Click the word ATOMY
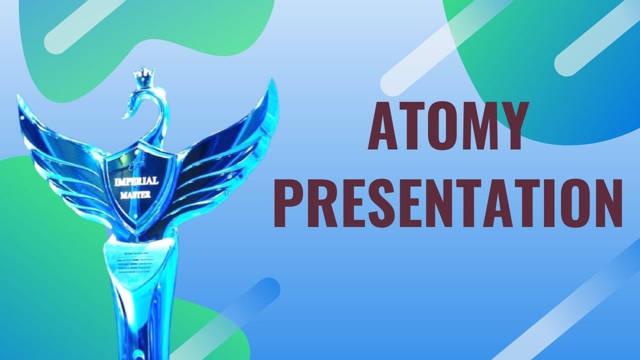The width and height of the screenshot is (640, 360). tap(447, 125)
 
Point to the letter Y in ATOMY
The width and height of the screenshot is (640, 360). tap(510, 125)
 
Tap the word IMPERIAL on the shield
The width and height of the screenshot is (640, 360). tap(136, 180)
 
